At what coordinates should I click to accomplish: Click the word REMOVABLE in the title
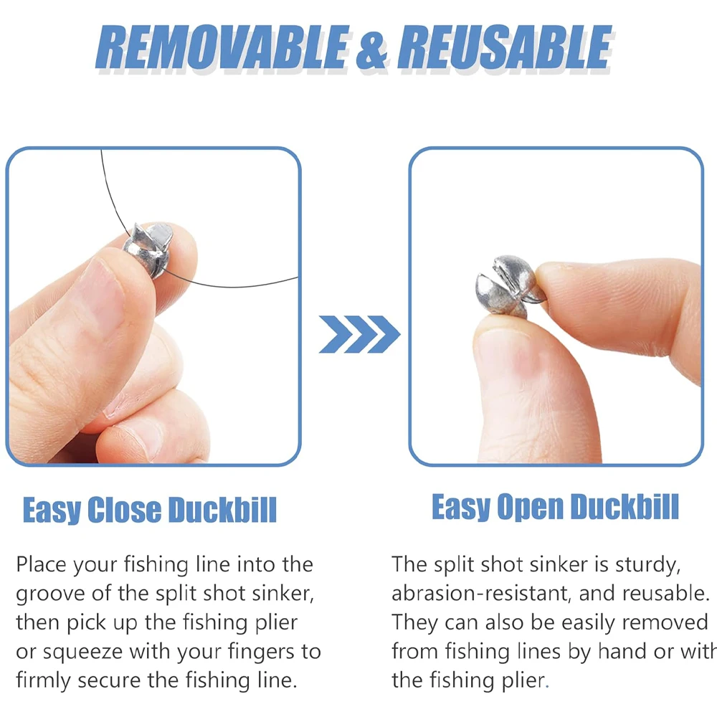[x=223, y=47]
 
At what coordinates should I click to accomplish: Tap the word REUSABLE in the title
[x=505, y=47]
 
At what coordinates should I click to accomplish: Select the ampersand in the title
[x=372, y=49]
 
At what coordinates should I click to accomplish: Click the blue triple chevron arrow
[x=359, y=334]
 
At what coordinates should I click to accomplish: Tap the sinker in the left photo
[x=148, y=250]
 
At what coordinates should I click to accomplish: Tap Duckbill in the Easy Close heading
[x=222, y=509]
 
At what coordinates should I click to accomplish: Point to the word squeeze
[x=82, y=652]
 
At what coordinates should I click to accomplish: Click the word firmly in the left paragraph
[x=44, y=680]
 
